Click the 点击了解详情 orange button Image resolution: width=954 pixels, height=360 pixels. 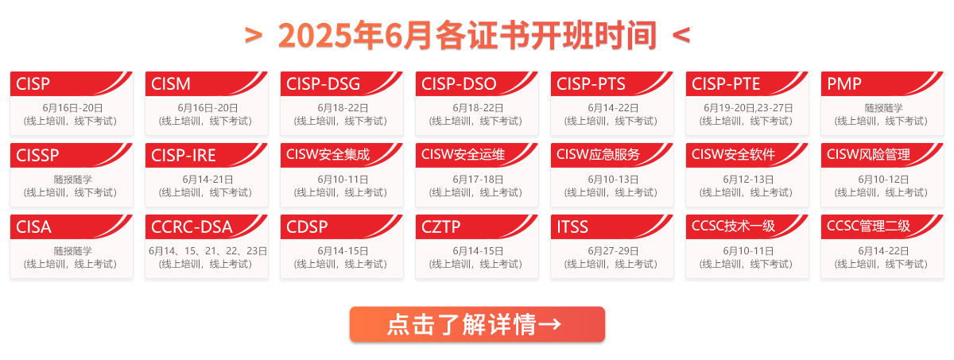point(477,324)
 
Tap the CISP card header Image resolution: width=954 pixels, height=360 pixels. point(33,83)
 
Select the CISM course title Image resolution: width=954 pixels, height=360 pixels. point(171,83)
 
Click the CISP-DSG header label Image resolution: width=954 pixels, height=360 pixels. point(323,83)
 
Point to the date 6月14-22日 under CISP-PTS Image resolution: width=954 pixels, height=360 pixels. point(613,108)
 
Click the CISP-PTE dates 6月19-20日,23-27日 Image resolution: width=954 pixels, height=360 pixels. point(748,108)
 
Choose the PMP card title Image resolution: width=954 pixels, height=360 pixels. point(844,83)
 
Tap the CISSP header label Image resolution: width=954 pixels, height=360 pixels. point(37,155)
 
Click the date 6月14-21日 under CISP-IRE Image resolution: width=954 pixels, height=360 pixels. point(207,180)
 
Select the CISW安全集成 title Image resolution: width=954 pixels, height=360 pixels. point(328,154)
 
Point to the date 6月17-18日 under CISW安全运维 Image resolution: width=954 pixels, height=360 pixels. point(478,180)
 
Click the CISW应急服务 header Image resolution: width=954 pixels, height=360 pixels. point(598,154)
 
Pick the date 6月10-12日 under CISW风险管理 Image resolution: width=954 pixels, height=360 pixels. point(883,180)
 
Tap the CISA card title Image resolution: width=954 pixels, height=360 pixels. point(33,226)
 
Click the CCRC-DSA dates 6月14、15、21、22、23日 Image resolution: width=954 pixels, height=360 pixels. point(207,251)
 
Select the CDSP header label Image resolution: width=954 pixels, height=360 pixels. point(307,226)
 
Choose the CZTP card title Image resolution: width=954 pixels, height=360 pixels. point(440,226)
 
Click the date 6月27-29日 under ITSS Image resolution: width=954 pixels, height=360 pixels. point(613,251)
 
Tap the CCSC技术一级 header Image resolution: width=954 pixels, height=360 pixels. point(733,226)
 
